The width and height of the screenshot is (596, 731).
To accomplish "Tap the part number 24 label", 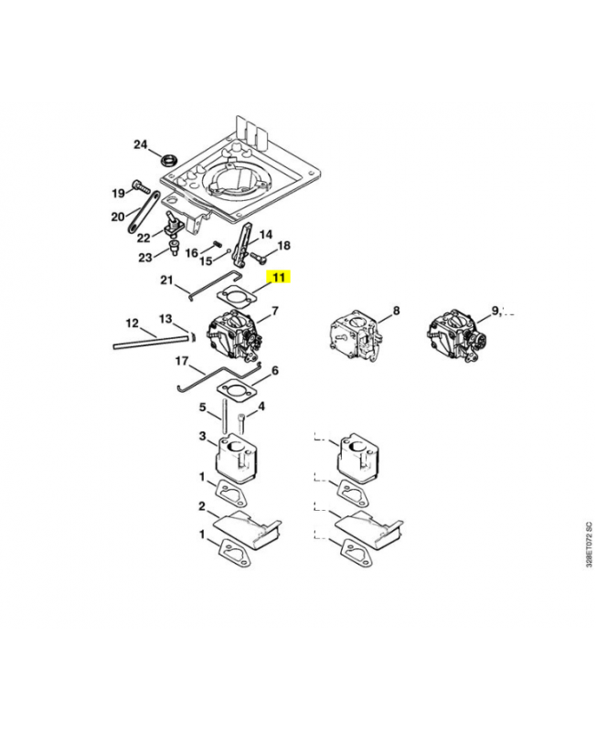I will (140, 144).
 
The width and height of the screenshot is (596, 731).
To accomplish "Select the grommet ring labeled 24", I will (169, 161).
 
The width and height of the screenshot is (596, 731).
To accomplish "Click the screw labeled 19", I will (140, 187).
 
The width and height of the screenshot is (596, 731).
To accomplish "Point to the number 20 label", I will (118, 217).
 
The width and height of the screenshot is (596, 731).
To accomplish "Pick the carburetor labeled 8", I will (351, 335).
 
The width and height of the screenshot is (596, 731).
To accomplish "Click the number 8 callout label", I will (396, 312).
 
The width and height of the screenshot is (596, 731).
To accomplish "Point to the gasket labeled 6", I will (237, 389).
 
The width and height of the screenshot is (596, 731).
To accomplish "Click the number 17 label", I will (183, 362).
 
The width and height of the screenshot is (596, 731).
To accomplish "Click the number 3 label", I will (203, 438).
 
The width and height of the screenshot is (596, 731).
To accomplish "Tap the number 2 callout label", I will (201, 505).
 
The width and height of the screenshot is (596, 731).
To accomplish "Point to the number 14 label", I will (266, 235).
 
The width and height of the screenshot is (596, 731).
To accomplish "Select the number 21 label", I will (167, 280).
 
